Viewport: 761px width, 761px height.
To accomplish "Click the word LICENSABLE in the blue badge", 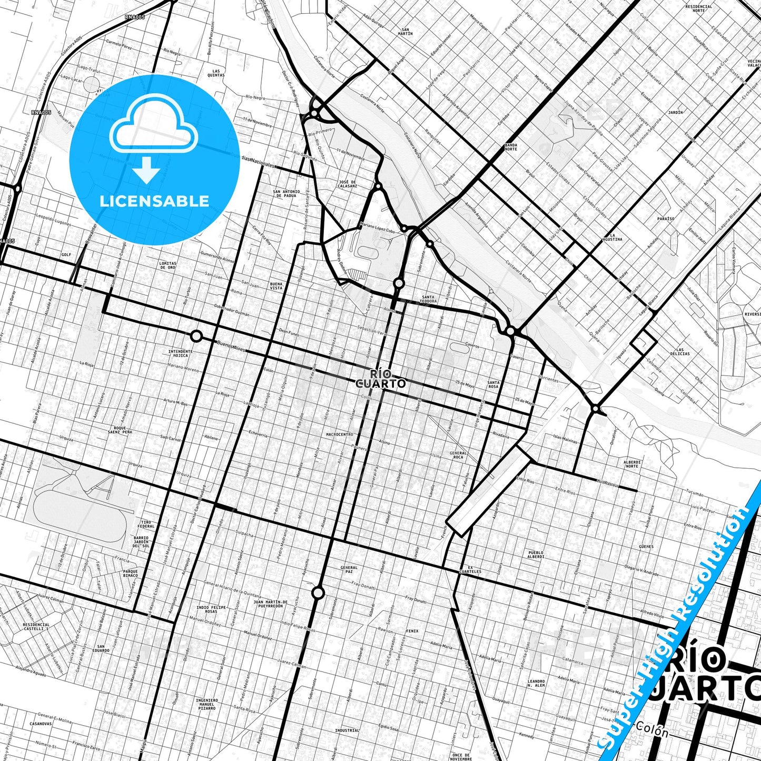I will tap(154, 201).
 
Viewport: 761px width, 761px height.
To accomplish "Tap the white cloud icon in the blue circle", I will tap(153, 126).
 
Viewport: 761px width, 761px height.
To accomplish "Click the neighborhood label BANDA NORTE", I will tap(511, 147).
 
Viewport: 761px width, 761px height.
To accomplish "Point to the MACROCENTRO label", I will tap(340, 434).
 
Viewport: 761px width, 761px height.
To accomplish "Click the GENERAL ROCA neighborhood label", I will tap(458, 455).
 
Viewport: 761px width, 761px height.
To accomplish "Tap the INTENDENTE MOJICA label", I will tap(180, 353).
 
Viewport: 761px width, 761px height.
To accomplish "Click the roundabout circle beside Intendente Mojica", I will tap(196, 336).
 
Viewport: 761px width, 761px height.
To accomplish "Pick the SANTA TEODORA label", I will tap(429, 299).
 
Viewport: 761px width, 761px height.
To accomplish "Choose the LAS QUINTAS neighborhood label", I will tap(216, 73).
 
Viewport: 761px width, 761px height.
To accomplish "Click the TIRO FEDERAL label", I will tap(146, 524).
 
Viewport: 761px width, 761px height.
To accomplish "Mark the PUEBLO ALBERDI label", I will tap(536, 554).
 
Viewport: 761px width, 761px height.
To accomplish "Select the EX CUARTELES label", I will tap(470, 569).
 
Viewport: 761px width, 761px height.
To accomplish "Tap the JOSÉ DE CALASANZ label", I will tap(347, 184).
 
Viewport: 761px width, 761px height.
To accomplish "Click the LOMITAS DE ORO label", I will tap(168, 265).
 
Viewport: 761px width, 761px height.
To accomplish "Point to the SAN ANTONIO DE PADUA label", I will tap(286, 193).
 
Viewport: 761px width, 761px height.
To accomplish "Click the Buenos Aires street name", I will tap(232, 346).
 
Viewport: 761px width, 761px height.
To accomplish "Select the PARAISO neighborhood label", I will tap(666, 219).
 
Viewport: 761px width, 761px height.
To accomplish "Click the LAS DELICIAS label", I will tap(683, 351).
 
